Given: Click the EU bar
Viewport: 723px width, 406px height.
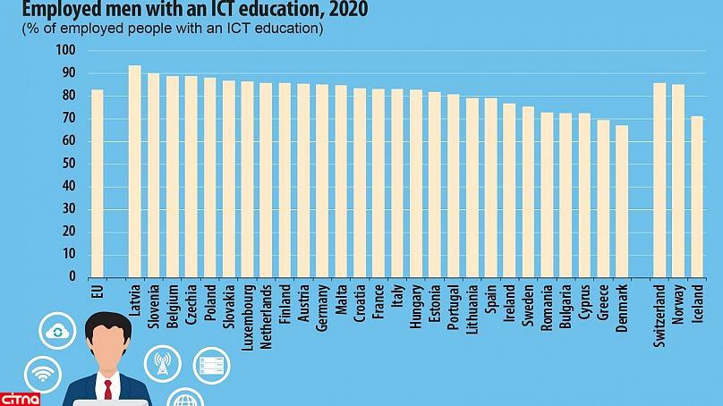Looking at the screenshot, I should (97, 183).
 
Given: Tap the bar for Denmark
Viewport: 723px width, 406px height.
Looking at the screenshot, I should (622, 201).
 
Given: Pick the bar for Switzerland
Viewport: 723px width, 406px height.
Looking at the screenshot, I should (659, 180).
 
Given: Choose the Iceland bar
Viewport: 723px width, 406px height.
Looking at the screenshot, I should (697, 197).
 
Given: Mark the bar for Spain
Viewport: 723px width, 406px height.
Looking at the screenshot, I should (490, 188).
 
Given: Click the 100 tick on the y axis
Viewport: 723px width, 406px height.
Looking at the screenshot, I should (67, 50).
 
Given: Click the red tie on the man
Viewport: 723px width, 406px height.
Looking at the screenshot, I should (108, 389).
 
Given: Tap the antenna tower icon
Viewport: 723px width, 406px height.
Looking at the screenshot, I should (163, 362).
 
